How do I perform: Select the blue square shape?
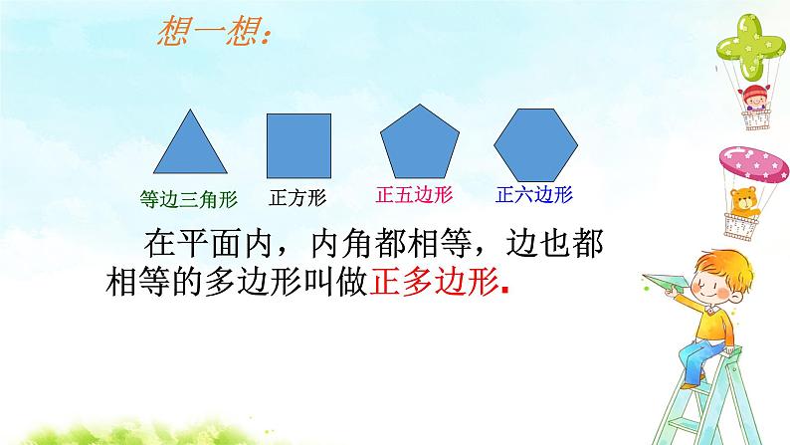(x=298, y=146)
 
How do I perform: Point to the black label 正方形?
(x=297, y=196)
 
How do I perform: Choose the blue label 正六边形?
(x=533, y=193)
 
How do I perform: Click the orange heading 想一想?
(x=214, y=37)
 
